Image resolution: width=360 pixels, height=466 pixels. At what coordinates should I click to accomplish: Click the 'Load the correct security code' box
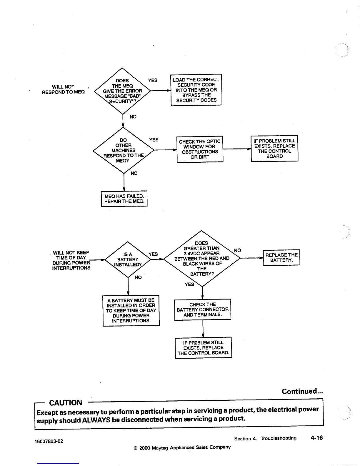pyautogui.click(x=196, y=90)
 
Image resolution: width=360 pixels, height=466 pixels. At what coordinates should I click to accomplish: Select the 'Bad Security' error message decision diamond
pyautogui.click(x=122, y=91)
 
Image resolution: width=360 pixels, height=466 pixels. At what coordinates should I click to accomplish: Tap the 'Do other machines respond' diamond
pyautogui.click(x=124, y=150)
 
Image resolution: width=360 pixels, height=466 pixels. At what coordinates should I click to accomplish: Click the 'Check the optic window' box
pyautogui.click(x=200, y=149)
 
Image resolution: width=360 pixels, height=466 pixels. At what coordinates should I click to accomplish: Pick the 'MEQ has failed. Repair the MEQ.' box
pyautogui.click(x=124, y=199)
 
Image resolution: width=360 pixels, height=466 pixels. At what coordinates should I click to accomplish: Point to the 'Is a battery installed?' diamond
pyautogui.click(x=128, y=259)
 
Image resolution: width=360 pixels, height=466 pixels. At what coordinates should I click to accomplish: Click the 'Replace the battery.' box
pyautogui.click(x=281, y=257)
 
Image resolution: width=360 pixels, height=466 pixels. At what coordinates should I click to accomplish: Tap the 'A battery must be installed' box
pyautogui.click(x=131, y=310)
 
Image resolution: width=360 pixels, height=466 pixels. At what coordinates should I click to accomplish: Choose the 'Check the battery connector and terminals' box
pyautogui.click(x=202, y=309)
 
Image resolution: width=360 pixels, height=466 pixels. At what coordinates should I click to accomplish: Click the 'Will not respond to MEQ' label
pyautogui.click(x=63, y=89)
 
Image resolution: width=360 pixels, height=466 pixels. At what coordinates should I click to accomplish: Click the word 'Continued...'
pyautogui.click(x=302, y=391)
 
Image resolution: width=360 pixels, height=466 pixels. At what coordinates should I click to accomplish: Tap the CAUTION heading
pyautogui.click(x=66, y=403)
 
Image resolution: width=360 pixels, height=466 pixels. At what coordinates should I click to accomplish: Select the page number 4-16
pyautogui.click(x=316, y=438)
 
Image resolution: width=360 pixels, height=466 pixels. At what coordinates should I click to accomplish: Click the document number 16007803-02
pyautogui.click(x=49, y=441)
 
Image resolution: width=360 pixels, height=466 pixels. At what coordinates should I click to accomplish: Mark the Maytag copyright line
pyautogui.click(x=182, y=447)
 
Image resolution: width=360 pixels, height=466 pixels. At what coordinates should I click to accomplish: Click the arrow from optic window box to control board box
pyautogui.click(x=237, y=149)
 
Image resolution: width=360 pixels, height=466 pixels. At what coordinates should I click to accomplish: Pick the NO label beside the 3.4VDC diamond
pyautogui.click(x=237, y=250)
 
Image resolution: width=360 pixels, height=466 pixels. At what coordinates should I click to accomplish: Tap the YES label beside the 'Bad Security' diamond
pyautogui.click(x=153, y=80)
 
